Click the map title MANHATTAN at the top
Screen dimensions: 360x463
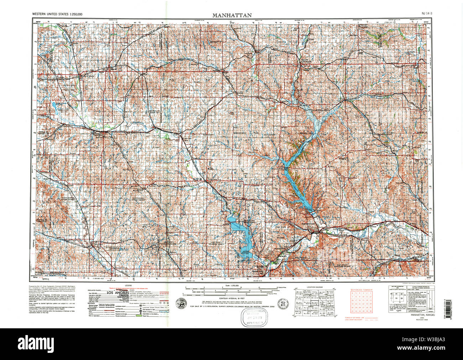(232, 15)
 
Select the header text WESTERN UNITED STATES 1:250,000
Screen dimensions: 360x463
(57, 14)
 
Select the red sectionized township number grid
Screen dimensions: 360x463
(361, 302)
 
